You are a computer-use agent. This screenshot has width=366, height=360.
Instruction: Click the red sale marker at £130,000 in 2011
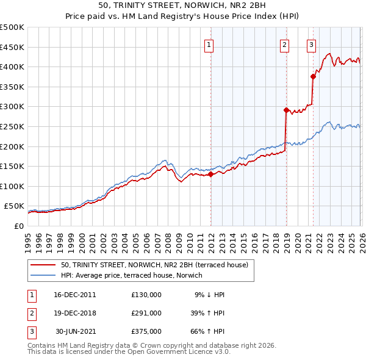pyautogui.click(x=211, y=174)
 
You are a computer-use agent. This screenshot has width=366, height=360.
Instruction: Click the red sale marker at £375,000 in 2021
pyautogui.click(x=313, y=76)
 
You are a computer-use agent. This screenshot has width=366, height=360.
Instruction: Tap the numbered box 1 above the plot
pyautogui.click(x=209, y=44)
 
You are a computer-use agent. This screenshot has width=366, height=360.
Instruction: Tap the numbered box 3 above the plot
pyautogui.click(x=312, y=44)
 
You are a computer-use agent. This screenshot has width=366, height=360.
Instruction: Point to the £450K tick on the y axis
pyautogui.click(x=12, y=47)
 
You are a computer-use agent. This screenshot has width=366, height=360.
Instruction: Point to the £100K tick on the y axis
pyautogui.click(x=12, y=186)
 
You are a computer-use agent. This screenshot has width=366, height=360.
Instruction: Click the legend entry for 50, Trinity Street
pyautogui.click(x=154, y=265)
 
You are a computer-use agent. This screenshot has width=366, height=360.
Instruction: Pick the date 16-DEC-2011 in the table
pyautogui.click(x=75, y=294)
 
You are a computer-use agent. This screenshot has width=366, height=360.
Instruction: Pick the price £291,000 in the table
pyautogui.click(x=146, y=313)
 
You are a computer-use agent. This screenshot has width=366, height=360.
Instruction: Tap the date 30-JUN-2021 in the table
pyautogui.click(x=75, y=332)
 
